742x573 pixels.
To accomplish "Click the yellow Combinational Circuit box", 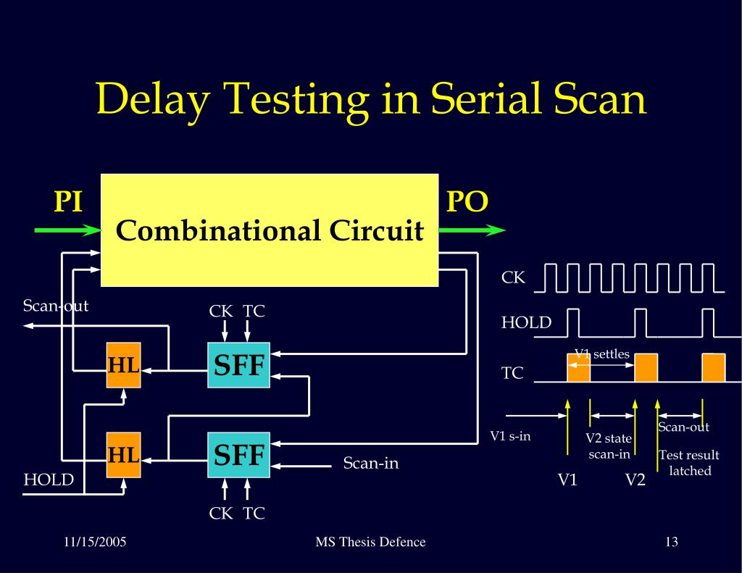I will pyautogui.click(x=270, y=230).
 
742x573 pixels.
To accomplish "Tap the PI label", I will pyautogui.click(x=68, y=201).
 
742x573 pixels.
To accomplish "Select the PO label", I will pyautogui.click(x=467, y=201).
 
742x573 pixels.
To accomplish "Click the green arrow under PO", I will pyautogui.click(x=472, y=231).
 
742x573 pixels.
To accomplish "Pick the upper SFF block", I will pyautogui.click(x=238, y=365).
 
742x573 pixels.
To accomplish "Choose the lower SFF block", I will pyautogui.click(x=238, y=455).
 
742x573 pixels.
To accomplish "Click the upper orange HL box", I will pyautogui.click(x=123, y=365).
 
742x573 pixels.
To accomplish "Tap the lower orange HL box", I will pyautogui.click(x=123, y=455).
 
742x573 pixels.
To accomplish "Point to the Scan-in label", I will pyautogui.click(x=371, y=463).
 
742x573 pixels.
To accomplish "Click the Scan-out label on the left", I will pyautogui.click(x=55, y=306).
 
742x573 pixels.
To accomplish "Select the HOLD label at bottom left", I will pyautogui.click(x=49, y=480).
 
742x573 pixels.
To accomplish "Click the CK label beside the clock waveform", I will pyautogui.click(x=513, y=277).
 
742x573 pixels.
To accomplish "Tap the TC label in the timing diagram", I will pyautogui.click(x=512, y=374).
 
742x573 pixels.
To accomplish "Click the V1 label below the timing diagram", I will pyautogui.click(x=567, y=480).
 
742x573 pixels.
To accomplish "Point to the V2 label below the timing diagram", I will pyautogui.click(x=635, y=480).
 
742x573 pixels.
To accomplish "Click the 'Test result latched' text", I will pyautogui.click(x=688, y=463).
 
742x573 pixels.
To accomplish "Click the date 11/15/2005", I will pyautogui.click(x=95, y=542).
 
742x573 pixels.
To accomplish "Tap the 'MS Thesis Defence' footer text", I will pyautogui.click(x=371, y=542).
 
